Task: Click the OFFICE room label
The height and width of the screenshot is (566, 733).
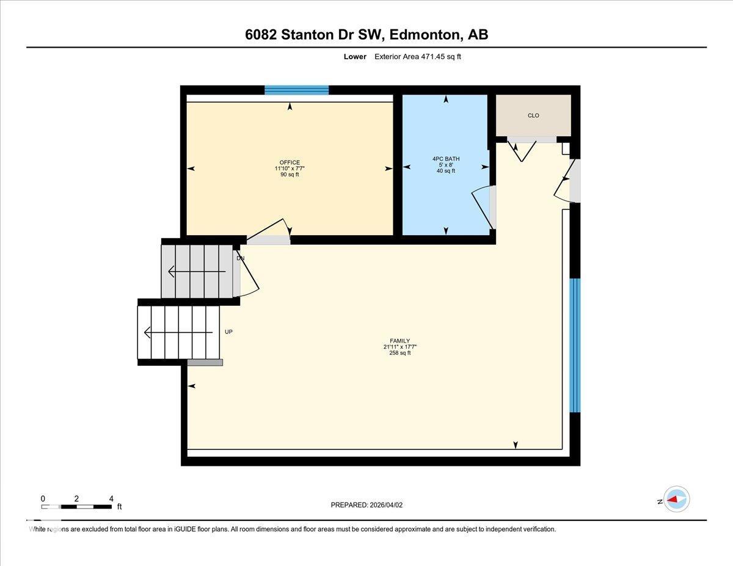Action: tap(290, 162)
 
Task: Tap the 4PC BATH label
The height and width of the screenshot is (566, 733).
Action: tap(445, 159)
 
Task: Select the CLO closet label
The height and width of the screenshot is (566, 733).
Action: tap(533, 115)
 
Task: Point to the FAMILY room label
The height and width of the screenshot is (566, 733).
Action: tap(399, 341)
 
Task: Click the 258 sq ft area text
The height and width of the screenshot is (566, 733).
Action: tap(399, 352)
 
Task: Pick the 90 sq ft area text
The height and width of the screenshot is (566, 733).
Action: tap(290, 175)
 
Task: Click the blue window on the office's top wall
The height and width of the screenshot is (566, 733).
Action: tap(296, 90)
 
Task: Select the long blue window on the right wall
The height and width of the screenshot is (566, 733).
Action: tap(574, 345)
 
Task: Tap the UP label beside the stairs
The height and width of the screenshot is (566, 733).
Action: tap(228, 332)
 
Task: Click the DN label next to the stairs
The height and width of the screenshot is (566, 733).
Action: tap(240, 258)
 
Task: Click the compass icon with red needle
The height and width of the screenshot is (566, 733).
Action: tap(676, 499)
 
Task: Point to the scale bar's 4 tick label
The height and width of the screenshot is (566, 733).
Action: tap(111, 498)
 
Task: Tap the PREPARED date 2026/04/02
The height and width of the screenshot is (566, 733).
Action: tap(385, 505)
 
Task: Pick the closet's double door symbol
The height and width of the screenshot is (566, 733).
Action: tap(523, 150)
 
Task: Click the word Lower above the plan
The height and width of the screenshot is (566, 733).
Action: tap(355, 57)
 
